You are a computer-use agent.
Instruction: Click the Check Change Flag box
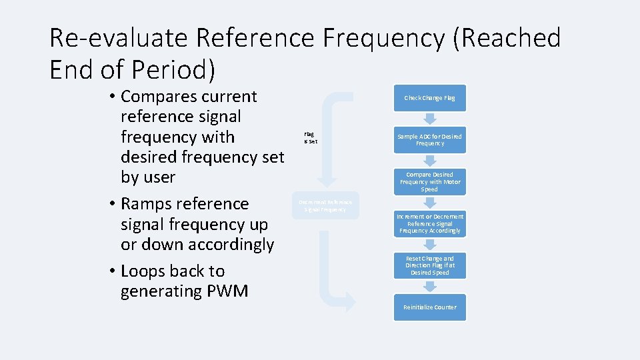tap(429, 98)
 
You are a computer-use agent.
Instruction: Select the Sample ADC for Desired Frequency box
tap(429, 140)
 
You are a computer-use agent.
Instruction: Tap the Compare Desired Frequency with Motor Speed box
tap(429, 182)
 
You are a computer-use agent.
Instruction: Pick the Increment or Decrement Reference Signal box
tap(429, 224)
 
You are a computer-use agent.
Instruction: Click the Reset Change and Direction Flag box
tap(429, 265)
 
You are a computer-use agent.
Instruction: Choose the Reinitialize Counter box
tap(429, 307)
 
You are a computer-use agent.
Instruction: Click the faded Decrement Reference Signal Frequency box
tap(325, 206)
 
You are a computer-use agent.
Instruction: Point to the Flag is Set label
tap(310, 138)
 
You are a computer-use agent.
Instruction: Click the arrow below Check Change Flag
tap(430, 119)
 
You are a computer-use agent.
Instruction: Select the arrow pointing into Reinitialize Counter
tap(430, 286)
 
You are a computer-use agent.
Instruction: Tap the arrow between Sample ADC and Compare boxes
tap(430, 161)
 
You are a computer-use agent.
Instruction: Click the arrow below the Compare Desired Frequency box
tap(430, 203)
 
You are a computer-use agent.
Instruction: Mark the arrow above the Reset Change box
tap(430, 245)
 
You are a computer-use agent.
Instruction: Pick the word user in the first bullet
tap(157, 177)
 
